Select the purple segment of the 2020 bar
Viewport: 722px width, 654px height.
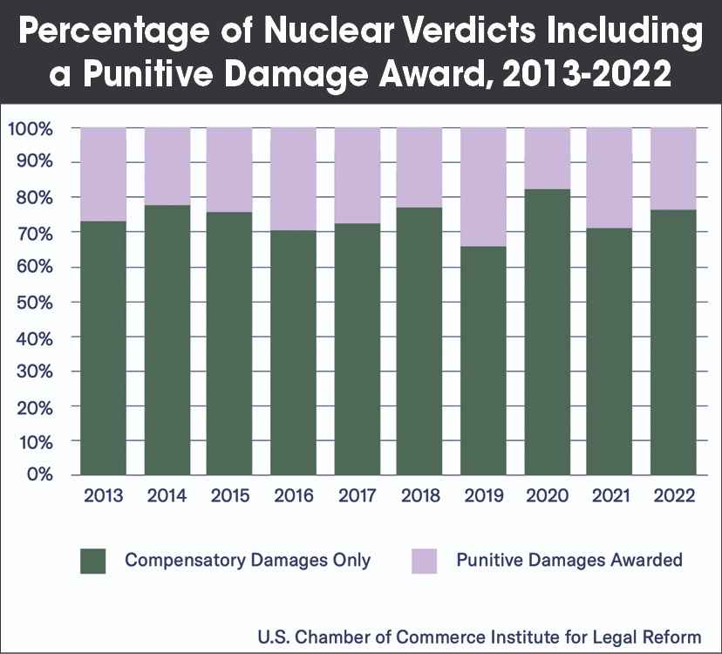(x=547, y=158)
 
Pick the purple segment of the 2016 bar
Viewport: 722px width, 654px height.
(x=293, y=179)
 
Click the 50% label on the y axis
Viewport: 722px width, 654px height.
(x=35, y=302)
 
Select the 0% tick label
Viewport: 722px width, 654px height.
(x=40, y=475)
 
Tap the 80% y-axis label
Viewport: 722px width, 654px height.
(x=35, y=198)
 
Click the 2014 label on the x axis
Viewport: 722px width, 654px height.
(x=167, y=496)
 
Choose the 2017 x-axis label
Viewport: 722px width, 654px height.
(x=357, y=496)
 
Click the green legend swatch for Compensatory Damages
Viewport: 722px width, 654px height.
(x=92, y=561)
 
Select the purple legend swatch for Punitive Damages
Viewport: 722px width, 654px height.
(x=424, y=561)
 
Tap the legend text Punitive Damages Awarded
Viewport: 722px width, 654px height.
(x=569, y=560)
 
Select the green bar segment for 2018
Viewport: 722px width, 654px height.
(x=419, y=341)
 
